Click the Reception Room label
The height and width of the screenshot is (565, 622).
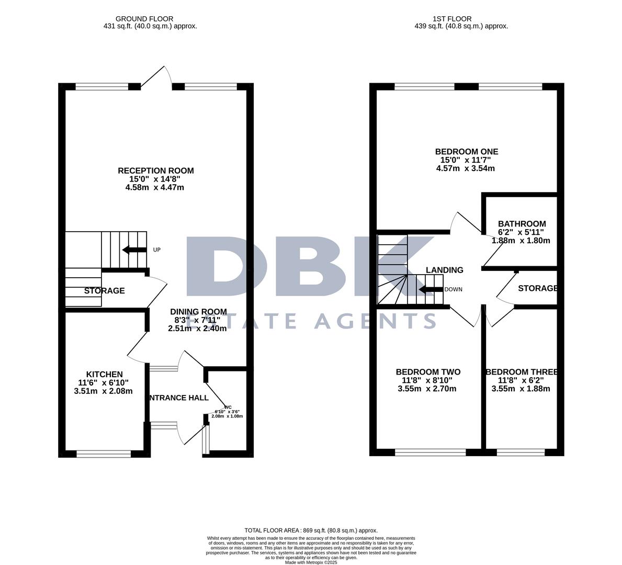click(x=155, y=171)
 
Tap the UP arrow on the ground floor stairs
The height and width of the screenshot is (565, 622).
click(x=134, y=250)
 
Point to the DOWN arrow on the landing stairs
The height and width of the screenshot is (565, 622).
click(x=431, y=289)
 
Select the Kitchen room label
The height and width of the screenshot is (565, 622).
click(x=104, y=375)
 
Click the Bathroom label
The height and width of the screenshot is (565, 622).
click(x=522, y=224)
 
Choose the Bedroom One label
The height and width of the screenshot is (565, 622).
click(x=466, y=152)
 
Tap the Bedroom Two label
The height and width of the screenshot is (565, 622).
click(x=428, y=372)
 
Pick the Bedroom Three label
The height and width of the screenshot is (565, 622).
click(x=522, y=372)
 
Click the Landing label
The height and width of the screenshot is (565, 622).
click(x=444, y=270)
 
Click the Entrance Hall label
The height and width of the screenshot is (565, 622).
click(x=179, y=398)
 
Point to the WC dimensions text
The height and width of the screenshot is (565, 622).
click(x=227, y=414)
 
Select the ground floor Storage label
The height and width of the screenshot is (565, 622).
click(x=105, y=291)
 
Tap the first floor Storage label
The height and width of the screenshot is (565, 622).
click(x=537, y=289)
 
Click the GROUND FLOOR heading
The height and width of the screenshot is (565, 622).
click(x=144, y=19)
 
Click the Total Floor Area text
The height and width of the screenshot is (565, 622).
click(x=311, y=530)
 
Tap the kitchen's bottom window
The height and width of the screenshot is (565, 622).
click(x=104, y=454)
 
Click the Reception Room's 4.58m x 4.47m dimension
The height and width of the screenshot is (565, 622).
click(x=155, y=187)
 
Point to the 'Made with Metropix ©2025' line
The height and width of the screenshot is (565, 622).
click(x=311, y=562)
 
